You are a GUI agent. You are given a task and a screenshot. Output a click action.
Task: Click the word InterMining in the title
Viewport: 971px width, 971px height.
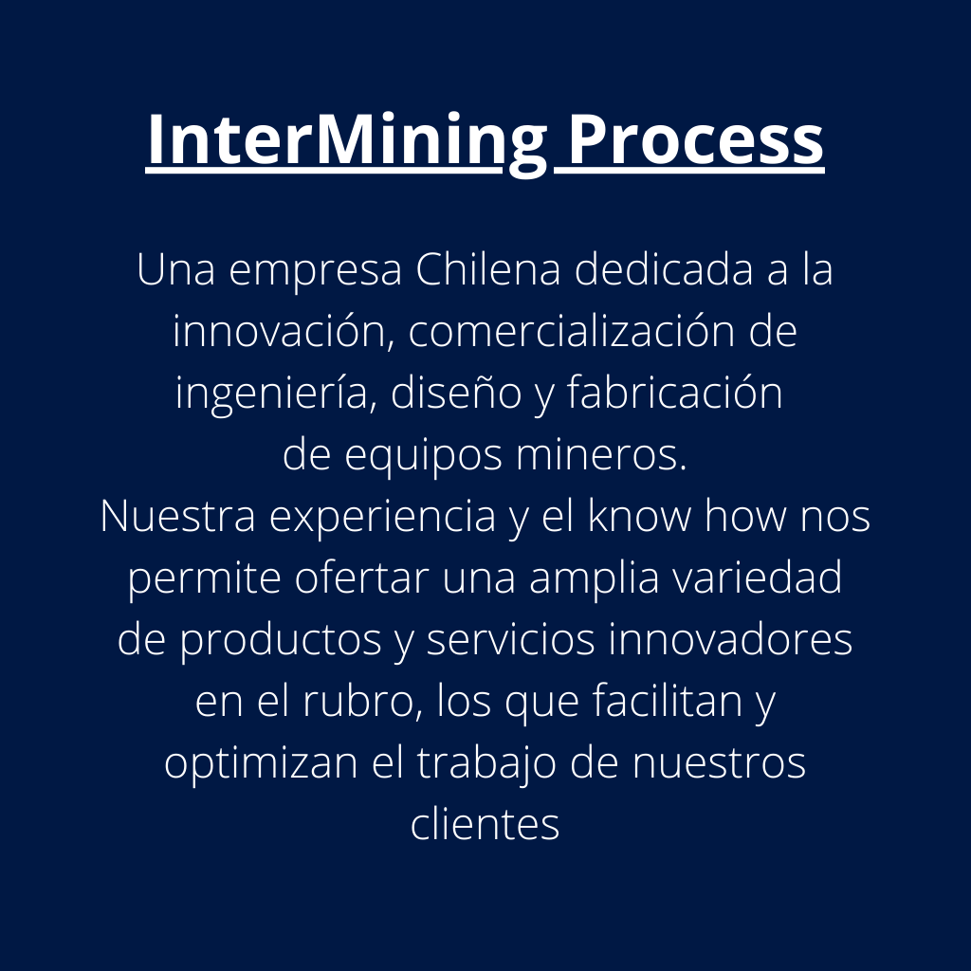[347, 140]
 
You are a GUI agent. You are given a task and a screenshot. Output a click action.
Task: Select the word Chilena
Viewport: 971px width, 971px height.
[490, 270]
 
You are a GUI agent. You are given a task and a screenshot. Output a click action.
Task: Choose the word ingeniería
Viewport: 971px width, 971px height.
[267, 394]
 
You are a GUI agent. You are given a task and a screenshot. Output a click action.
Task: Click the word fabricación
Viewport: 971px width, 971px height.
[674, 394]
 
